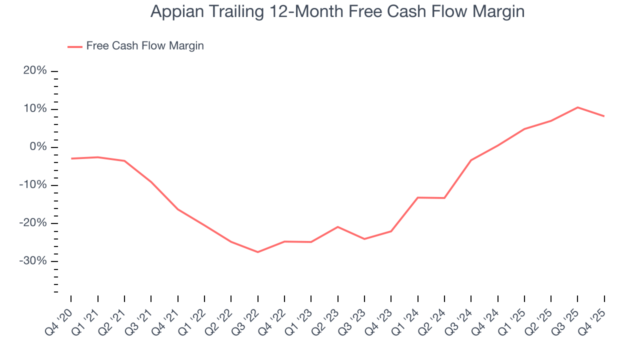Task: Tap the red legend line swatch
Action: point(74,46)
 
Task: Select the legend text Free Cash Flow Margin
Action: point(145,46)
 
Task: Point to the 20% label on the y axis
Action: point(35,71)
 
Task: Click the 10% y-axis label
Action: point(35,109)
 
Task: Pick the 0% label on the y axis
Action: point(38,147)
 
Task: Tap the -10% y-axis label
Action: point(33,185)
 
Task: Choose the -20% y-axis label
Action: point(33,223)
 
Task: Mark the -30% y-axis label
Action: point(33,261)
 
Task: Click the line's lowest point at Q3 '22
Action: point(258,252)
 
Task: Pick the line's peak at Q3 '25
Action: point(577,107)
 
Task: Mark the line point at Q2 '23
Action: point(338,227)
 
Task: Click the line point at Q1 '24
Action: point(418,197)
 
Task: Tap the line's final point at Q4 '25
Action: point(604,116)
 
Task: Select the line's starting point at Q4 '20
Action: point(71,158)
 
